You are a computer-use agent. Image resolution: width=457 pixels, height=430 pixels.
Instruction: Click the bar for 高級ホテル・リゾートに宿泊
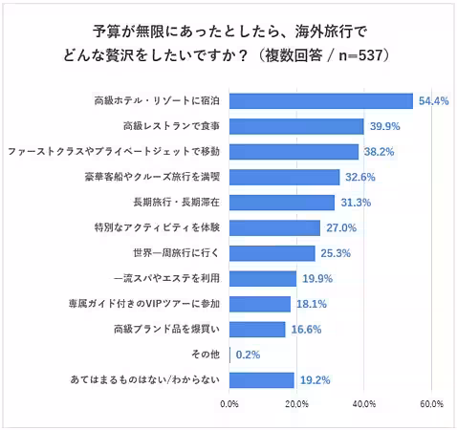click(321, 100)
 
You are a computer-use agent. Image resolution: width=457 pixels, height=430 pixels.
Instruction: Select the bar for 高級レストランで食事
click(296, 126)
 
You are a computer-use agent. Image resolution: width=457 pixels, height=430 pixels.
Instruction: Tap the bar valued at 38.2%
click(294, 151)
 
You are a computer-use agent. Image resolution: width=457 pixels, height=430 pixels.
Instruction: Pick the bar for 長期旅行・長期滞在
click(282, 202)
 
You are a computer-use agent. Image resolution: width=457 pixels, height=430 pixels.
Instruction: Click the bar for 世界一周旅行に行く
click(272, 253)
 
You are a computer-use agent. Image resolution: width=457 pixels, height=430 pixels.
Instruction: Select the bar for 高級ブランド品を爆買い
click(257, 330)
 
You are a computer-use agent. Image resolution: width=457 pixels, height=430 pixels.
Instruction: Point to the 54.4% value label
click(432, 100)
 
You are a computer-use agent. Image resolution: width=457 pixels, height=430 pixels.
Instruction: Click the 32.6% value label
click(359, 177)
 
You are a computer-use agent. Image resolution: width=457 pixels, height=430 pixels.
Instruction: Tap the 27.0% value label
click(340, 227)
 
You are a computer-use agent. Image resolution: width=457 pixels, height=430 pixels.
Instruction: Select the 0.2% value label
click(248, 355)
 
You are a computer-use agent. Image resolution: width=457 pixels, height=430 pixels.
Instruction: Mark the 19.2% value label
click(315, 380)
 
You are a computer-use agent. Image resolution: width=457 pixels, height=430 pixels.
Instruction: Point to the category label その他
click(208, 355)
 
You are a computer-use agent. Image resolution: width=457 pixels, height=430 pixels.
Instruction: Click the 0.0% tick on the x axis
click(229, 404)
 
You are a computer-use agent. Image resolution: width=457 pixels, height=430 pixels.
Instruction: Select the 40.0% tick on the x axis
click(364, 404)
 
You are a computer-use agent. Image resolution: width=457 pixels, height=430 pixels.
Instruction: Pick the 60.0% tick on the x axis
click(431, 404)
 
